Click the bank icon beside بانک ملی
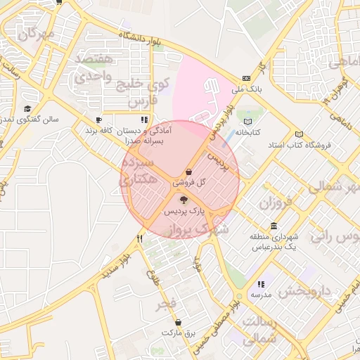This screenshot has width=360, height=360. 245,78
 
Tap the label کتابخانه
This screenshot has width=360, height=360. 247,131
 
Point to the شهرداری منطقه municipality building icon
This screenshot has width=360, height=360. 274,226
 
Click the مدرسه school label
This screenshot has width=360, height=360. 262,294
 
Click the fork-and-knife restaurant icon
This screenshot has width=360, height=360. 140,239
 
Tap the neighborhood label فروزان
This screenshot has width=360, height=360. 275,205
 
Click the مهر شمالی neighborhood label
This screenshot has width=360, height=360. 334,186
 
